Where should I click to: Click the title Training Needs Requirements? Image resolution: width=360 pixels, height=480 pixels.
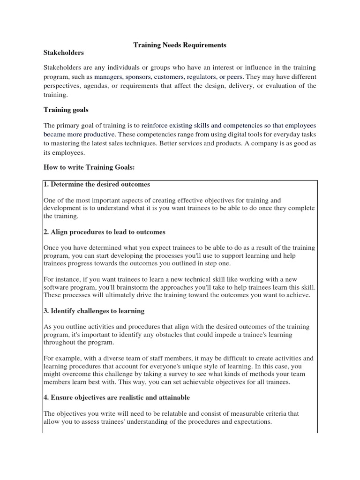180,45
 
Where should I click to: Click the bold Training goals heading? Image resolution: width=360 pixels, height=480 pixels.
66,110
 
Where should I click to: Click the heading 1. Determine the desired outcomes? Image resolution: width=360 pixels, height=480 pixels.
97,184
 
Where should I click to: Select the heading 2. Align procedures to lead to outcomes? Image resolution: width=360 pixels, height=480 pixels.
104,232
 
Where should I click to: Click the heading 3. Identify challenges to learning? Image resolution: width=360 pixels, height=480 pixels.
94,311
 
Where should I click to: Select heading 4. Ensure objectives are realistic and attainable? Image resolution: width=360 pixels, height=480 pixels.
117,397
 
